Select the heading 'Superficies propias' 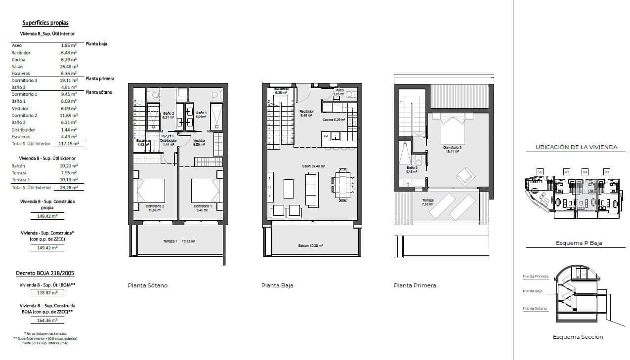(x=45, y=23)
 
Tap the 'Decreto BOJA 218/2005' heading (x=45, y=273)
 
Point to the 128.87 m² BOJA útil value (x=47, y=292)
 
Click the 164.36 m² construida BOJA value (x=47, y=320)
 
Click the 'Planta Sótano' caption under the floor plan (x=148, y=285)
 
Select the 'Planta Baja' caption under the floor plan (x=277, y=285)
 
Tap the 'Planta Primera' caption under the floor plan (x=415, y=285)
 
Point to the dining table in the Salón (x=342, y=185)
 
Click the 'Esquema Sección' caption (x=578, y=337)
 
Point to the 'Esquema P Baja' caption (x=578, y=243)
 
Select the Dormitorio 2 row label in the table (x=24, y=116)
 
